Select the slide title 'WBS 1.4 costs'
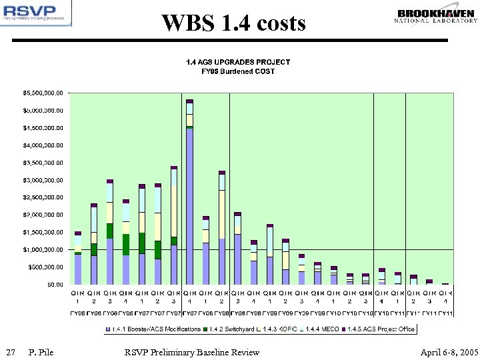[233, 23]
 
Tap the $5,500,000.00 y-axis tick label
[41, 93]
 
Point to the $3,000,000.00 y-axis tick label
[41, 180]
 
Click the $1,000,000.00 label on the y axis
[41, 249]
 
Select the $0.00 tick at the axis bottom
[54, 285]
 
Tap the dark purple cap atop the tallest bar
[189, 101]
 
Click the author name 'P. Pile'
[41, 352]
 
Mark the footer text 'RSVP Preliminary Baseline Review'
[192, 352]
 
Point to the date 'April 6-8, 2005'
[449, 352]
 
